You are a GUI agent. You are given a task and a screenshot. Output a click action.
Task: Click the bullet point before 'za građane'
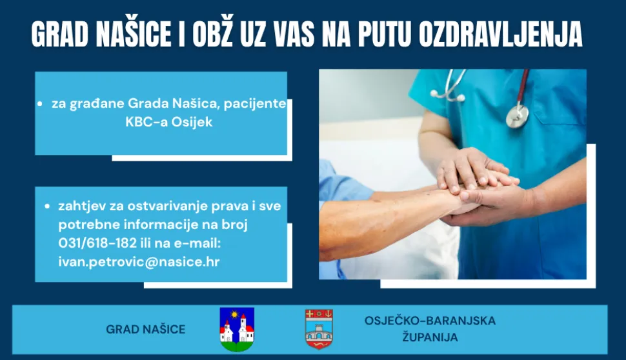(x=40, y=104)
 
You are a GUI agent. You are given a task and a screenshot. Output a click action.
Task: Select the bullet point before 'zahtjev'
(x=47, y=207)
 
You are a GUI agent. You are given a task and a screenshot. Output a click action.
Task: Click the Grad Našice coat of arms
(x=237, y=329)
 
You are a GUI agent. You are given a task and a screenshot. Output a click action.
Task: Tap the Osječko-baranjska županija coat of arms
(x=319, y=329)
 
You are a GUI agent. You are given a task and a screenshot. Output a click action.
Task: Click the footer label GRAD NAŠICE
(x=145, y=330)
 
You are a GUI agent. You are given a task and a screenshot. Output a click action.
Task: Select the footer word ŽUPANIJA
(x=430, y=337)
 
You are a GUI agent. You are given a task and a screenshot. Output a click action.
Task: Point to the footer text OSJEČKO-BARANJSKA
(x=430, y=321)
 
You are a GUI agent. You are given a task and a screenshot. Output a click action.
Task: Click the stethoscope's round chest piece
(x=517, y=115)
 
